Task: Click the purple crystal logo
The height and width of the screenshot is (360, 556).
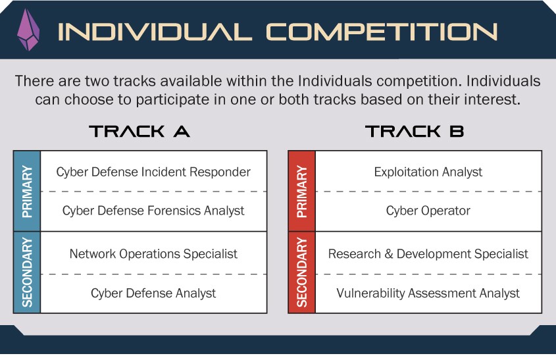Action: click(28, 30)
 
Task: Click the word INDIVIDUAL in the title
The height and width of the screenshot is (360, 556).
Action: click(155, 32)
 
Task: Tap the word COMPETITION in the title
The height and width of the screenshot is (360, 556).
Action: click(382, 32)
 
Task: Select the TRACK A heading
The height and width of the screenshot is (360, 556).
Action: click(139, 131)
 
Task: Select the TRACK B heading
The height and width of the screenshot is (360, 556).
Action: click(415, 131)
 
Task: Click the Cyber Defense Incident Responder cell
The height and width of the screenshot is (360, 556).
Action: click(153, 172)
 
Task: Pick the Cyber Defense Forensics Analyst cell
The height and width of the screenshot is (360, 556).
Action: click(153, 211)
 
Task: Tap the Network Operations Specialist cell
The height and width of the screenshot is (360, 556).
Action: click(153, 253)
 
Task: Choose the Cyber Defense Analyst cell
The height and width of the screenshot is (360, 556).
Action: click(153, 294)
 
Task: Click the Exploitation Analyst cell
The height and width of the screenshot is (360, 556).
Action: click(428, 172)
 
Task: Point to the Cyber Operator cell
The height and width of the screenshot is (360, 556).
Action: click(428, 211)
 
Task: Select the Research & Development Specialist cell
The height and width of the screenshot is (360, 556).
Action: click(428, 253)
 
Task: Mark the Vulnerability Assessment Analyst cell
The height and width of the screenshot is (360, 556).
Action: click(428, 294)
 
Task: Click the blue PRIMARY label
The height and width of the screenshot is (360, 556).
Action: click(27, 191)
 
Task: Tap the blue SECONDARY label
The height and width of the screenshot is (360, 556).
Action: click(27, 272)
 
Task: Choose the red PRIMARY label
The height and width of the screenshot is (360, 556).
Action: click(302, 191)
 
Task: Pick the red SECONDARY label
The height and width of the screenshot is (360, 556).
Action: click(302, 272)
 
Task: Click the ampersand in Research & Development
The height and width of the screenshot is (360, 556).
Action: click(389, 254)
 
